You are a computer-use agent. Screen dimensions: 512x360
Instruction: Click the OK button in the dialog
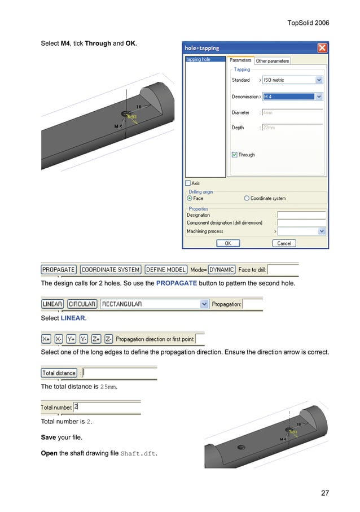tap(228, 243)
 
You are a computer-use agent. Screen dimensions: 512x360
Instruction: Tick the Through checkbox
tap(235, 155)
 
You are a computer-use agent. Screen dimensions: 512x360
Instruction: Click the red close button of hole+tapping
tap(322, 48)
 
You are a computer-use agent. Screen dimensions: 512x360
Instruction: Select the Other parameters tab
tap(273, 61)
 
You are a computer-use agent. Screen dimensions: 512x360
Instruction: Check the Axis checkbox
tap(188, 183)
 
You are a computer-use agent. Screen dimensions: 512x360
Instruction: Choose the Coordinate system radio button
tap(247, 199)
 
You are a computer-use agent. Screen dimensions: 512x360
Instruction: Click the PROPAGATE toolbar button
tap(59, 270)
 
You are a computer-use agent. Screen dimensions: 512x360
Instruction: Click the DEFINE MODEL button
tap(166, 270)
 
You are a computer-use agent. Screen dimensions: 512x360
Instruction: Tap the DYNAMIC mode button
tap(221, 270)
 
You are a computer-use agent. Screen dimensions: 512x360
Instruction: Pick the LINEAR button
tap(52, 304)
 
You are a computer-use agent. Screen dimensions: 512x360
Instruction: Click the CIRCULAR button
tap(82, 304)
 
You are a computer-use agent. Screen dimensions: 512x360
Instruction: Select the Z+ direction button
tap(96, 339)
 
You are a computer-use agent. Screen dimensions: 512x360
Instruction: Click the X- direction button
tap(59, 339)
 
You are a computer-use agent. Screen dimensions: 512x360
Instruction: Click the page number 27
tap(324, 493)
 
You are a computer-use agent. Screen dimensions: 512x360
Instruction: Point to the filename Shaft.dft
tap(139, 453)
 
